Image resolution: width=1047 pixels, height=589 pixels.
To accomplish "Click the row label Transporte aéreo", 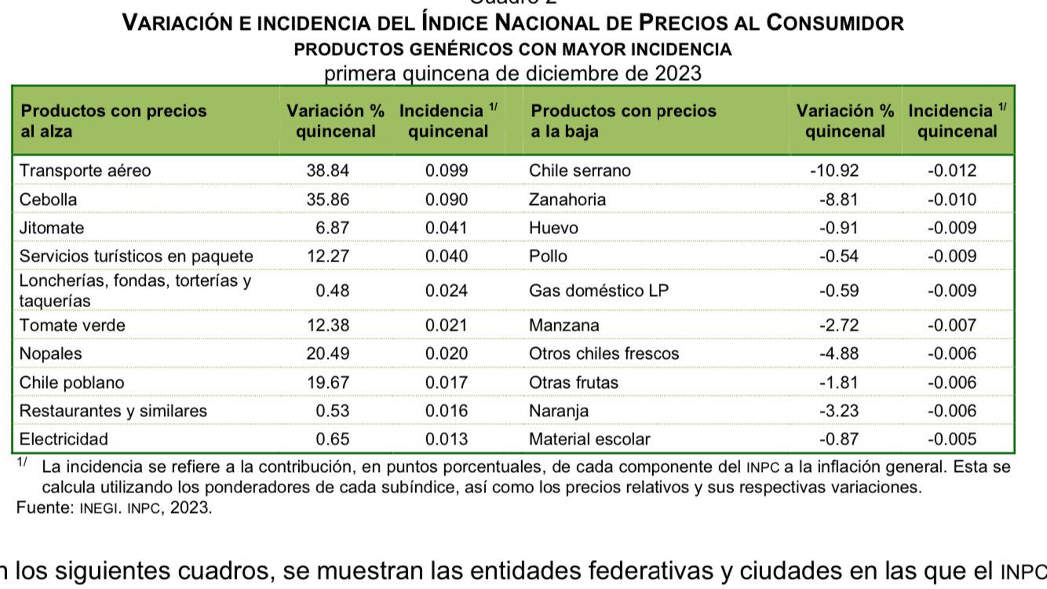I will [x=85, y=170].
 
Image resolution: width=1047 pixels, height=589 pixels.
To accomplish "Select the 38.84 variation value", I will [x=327, y=170].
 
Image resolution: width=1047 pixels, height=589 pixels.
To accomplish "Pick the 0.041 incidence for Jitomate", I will [x=447, y=228].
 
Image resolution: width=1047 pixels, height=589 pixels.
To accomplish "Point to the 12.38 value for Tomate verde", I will [x=327, y=325].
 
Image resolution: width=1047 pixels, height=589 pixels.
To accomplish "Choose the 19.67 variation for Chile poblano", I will [x=327, y=382].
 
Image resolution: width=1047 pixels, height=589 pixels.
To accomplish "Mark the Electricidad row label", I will [x=64, y=439].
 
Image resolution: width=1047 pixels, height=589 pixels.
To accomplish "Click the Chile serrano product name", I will [x=579, y=170].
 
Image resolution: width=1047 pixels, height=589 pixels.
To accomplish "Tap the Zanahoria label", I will [x=567, y=199].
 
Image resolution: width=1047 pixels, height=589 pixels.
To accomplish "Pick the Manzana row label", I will [x=564, y=325].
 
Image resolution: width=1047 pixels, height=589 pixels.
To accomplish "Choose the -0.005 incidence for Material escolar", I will [x=952, y=439].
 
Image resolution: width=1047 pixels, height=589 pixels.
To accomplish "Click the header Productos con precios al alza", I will [x=113, y=121].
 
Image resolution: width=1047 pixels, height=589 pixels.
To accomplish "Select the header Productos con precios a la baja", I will [x=623, y=121].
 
